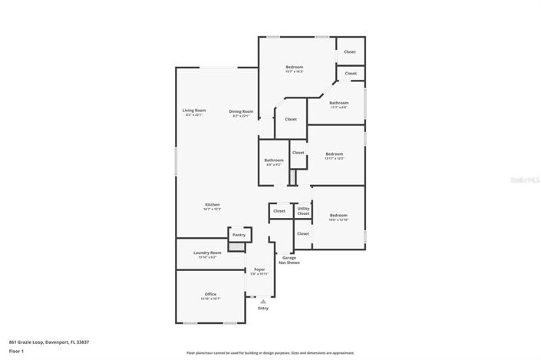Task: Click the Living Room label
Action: (194, 111)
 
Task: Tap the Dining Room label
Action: (240, 112)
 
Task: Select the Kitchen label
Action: (212, 205)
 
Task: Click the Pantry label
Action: (239, 234)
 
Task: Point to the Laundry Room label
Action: (207, 253)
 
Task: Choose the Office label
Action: (210, 295)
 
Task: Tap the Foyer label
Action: (259, 269)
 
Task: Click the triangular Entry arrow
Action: (263, 302)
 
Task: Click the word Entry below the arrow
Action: (263, 309)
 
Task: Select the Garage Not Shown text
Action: (289, 260)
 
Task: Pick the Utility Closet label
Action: (304, 210)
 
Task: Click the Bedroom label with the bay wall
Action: (295, 67)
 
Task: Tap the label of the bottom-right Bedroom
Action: (338, 216)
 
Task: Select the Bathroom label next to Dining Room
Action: (274, 160)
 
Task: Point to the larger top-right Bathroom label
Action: (339, 103)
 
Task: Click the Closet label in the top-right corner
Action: (350, 51)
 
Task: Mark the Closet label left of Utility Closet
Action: (279, 210)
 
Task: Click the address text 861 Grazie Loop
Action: (39, 342)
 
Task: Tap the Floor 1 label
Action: (16, 352)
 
